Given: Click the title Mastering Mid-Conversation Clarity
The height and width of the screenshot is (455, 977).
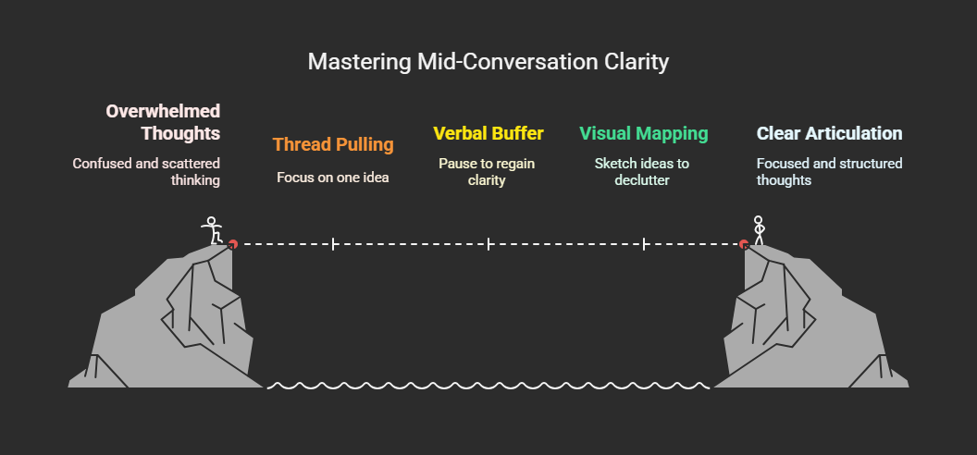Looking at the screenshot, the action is [488, 63].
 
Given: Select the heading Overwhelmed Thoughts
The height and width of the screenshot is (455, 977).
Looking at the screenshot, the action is [163, 122].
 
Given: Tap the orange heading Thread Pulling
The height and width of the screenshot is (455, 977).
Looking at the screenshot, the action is [333, 144].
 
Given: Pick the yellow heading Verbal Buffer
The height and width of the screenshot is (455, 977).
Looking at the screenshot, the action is [488, 133].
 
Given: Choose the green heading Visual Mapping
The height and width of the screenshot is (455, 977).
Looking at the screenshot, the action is [644, 133].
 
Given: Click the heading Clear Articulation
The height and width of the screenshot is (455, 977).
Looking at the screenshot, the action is [829, 133].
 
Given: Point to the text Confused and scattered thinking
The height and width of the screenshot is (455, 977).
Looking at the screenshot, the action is [146, 172].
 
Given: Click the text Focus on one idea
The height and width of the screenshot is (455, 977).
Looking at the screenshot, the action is [333, 177].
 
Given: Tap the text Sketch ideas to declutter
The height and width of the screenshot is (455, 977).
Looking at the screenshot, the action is [642, 172].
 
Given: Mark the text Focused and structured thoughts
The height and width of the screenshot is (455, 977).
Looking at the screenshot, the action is [829, 172].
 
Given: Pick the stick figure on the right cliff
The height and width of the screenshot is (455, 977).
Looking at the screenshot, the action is [759, 230].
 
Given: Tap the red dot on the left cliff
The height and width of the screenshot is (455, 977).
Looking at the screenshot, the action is [233, 244].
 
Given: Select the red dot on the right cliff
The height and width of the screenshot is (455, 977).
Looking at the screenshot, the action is [744, 244].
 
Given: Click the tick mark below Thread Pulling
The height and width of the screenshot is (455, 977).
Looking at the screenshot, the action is [333, 244].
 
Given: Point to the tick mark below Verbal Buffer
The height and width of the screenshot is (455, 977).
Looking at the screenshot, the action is [488, 244].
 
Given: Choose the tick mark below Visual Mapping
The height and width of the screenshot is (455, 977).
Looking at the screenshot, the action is [644, 244].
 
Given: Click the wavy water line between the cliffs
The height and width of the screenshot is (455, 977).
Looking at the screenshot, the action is [488, 384].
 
